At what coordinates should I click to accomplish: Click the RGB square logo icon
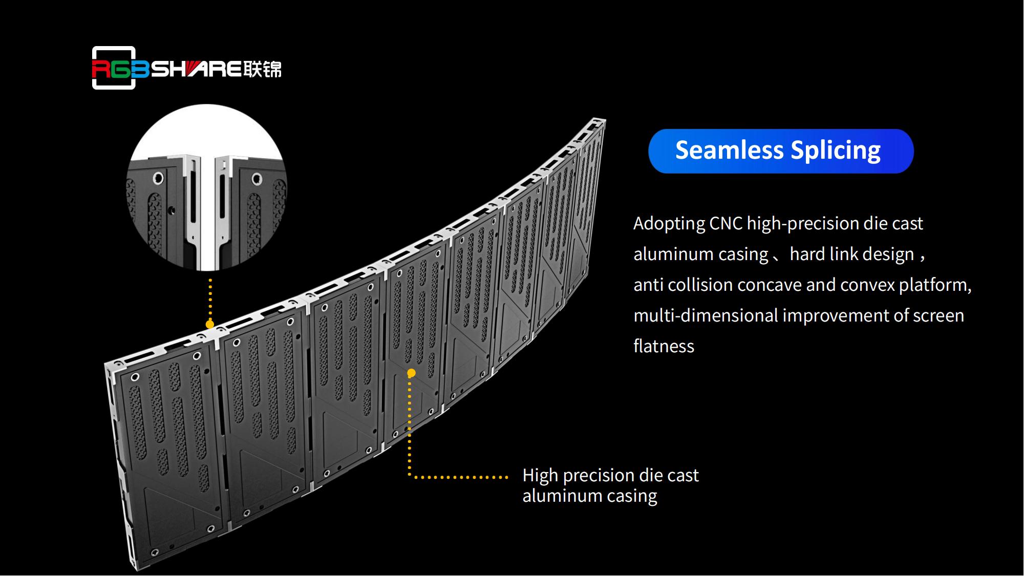click(114, 68)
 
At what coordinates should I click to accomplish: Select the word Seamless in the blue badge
click(729, 151)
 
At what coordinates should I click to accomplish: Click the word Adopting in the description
click(669, 224)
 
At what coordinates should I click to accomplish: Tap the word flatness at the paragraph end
click(664, 347)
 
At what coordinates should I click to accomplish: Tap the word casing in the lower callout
click(632, 496)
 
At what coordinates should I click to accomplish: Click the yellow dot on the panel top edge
click(210, 324)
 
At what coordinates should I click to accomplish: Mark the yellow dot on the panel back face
click(411, 373)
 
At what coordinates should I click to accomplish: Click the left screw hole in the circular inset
click(158, 178)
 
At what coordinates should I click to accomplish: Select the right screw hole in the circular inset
click(257, 179)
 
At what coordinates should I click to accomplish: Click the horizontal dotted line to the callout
click(461, 477)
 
